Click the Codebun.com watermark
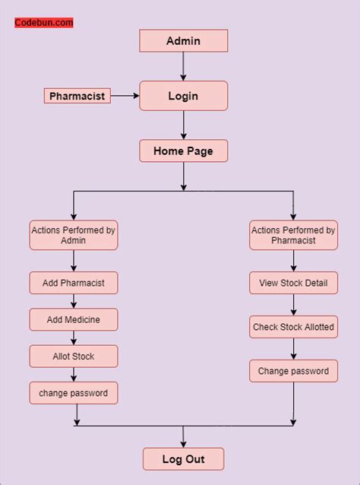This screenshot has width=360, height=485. [44, 23]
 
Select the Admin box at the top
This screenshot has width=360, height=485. [183, 41]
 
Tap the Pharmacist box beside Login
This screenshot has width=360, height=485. [77, 96]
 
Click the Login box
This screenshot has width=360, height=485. [183, 96]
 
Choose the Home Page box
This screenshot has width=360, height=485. [183, 151]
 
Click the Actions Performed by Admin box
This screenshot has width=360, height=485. [74, 235]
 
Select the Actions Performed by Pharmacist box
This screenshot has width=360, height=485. [293, 235]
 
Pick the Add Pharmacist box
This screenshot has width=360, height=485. [74, 283]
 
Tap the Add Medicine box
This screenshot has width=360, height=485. [74, 319]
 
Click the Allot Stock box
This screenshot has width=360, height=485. [74, 356]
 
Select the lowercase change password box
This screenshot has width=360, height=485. [74, 393]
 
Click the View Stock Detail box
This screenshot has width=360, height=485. [293, 283]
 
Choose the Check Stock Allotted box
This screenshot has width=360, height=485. [293, 328]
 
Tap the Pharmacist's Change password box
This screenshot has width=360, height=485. [293, 371]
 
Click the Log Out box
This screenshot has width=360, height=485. [183, 459]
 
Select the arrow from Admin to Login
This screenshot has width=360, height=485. [183, 66]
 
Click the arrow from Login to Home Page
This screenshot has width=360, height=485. [183, 125]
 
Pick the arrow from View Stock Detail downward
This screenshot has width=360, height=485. [293, 305]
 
